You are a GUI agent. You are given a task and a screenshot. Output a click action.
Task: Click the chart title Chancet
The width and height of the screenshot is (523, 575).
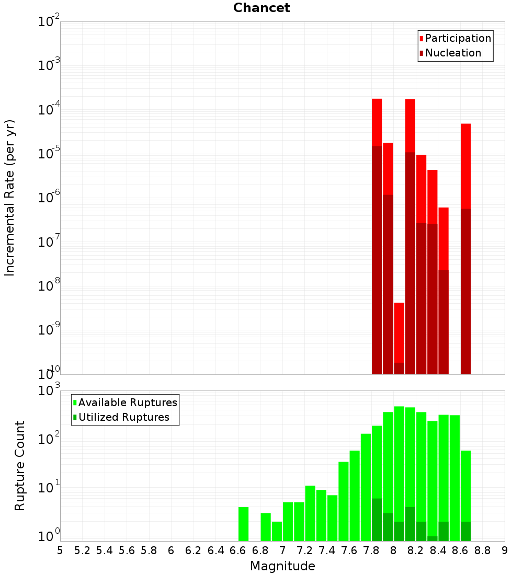tap(261, 8)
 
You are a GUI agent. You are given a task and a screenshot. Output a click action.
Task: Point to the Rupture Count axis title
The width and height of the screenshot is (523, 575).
tap(20, 466)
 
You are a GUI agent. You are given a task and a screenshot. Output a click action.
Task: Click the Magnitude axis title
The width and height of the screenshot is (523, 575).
tap(282, 566)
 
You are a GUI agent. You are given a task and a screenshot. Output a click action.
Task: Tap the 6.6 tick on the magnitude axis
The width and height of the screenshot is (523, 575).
tap(238, 550)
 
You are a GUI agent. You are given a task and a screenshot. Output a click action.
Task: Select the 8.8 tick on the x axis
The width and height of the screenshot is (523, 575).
tap(482, 550)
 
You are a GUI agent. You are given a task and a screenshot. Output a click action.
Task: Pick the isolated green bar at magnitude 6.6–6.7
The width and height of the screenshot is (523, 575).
tap(243, 524)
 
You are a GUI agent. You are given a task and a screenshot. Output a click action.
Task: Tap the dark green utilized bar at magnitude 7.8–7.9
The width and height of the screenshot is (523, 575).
tap(377, 520)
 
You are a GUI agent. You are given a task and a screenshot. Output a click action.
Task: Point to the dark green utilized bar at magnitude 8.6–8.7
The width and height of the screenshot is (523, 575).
tap(465, 531)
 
